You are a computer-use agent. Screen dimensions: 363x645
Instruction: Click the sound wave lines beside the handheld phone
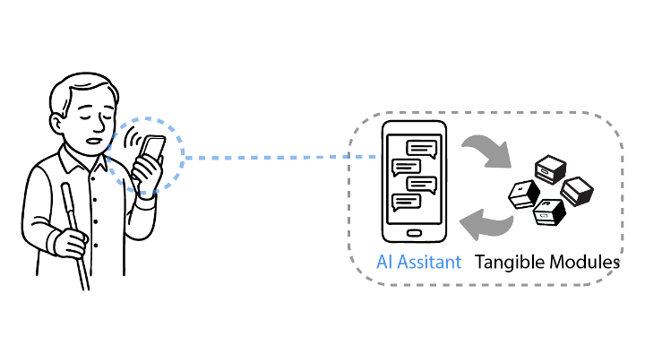[133, 141]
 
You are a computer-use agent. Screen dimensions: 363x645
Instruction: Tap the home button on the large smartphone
[413, 233]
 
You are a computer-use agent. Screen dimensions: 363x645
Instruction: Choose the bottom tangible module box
[547, 212]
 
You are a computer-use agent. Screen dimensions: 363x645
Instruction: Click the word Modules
[587, 263]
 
